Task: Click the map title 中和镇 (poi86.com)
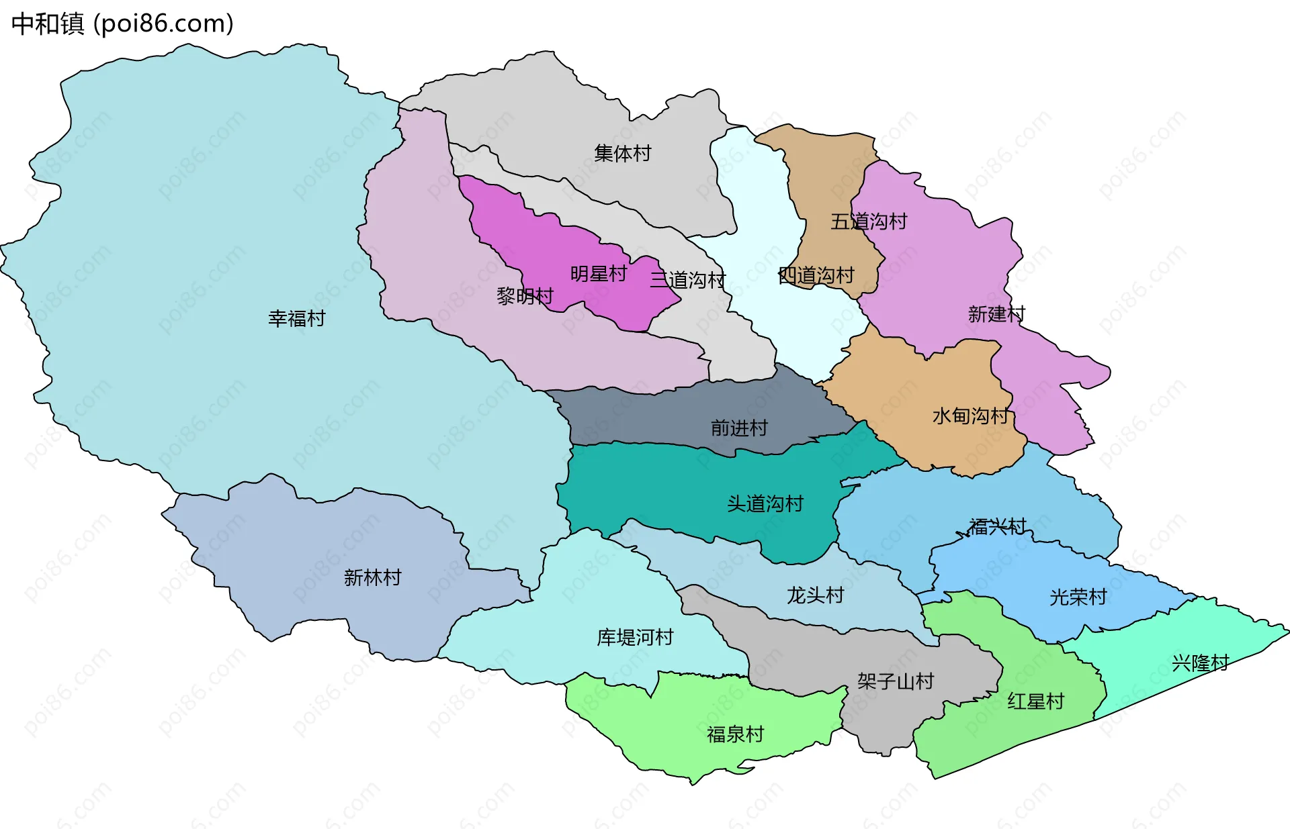coord(122,23)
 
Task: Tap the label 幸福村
coord(296,318)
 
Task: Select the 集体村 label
coord(622,153)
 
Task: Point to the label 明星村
coord(598,274)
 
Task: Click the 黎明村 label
coord(525,296)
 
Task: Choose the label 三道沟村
coord(687,280)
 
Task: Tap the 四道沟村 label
coord(816,275)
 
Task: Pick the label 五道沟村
coord(869,222)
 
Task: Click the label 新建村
coord(996,313)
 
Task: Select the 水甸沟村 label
coord(970,416)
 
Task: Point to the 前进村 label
coord(739,428)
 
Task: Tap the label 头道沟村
coord(765,503)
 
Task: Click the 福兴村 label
coord(997,527)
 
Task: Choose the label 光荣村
coord(1078,597)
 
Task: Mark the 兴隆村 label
coord(1200,663)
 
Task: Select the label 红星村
coord(1035,701)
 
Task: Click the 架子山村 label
coord(896,681)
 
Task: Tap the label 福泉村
coord(735,734)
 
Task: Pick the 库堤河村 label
coord(635,637)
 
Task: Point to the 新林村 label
coord(372,577)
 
